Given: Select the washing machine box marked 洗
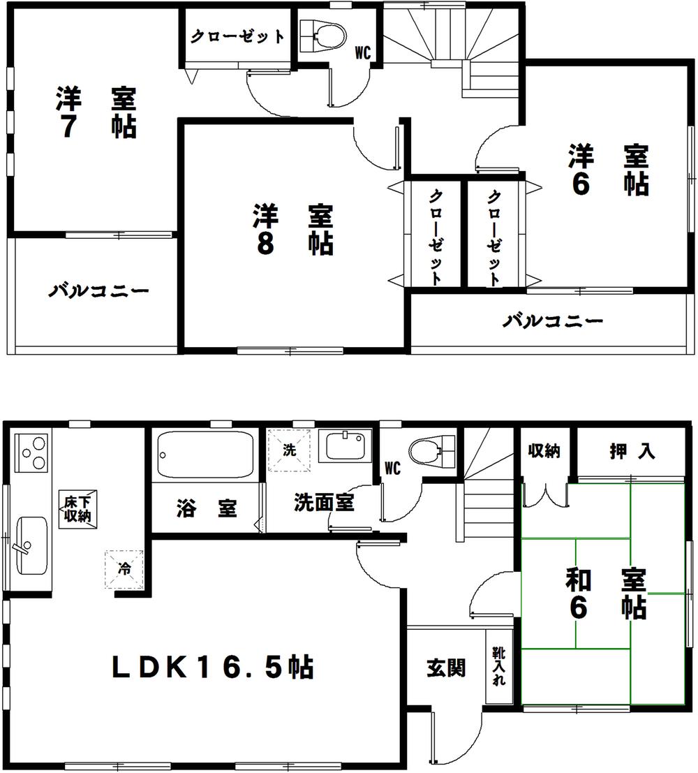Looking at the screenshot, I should pyautogui.click(x=289, y=451).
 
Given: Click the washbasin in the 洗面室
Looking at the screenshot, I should pyautogui.click(x=346, y=446).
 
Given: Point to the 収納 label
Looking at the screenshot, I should pyautogui.click(x=543, y=451).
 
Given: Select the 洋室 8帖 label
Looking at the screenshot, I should pyautogui.click(x=292, y=229).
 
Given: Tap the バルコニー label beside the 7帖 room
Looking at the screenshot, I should pyautogui.click(x=98, y=290).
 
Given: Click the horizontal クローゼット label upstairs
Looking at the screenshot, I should pyautogui.click(x=237, y=36).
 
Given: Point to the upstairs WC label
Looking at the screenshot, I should pyautogui.click(x=362, y=51).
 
